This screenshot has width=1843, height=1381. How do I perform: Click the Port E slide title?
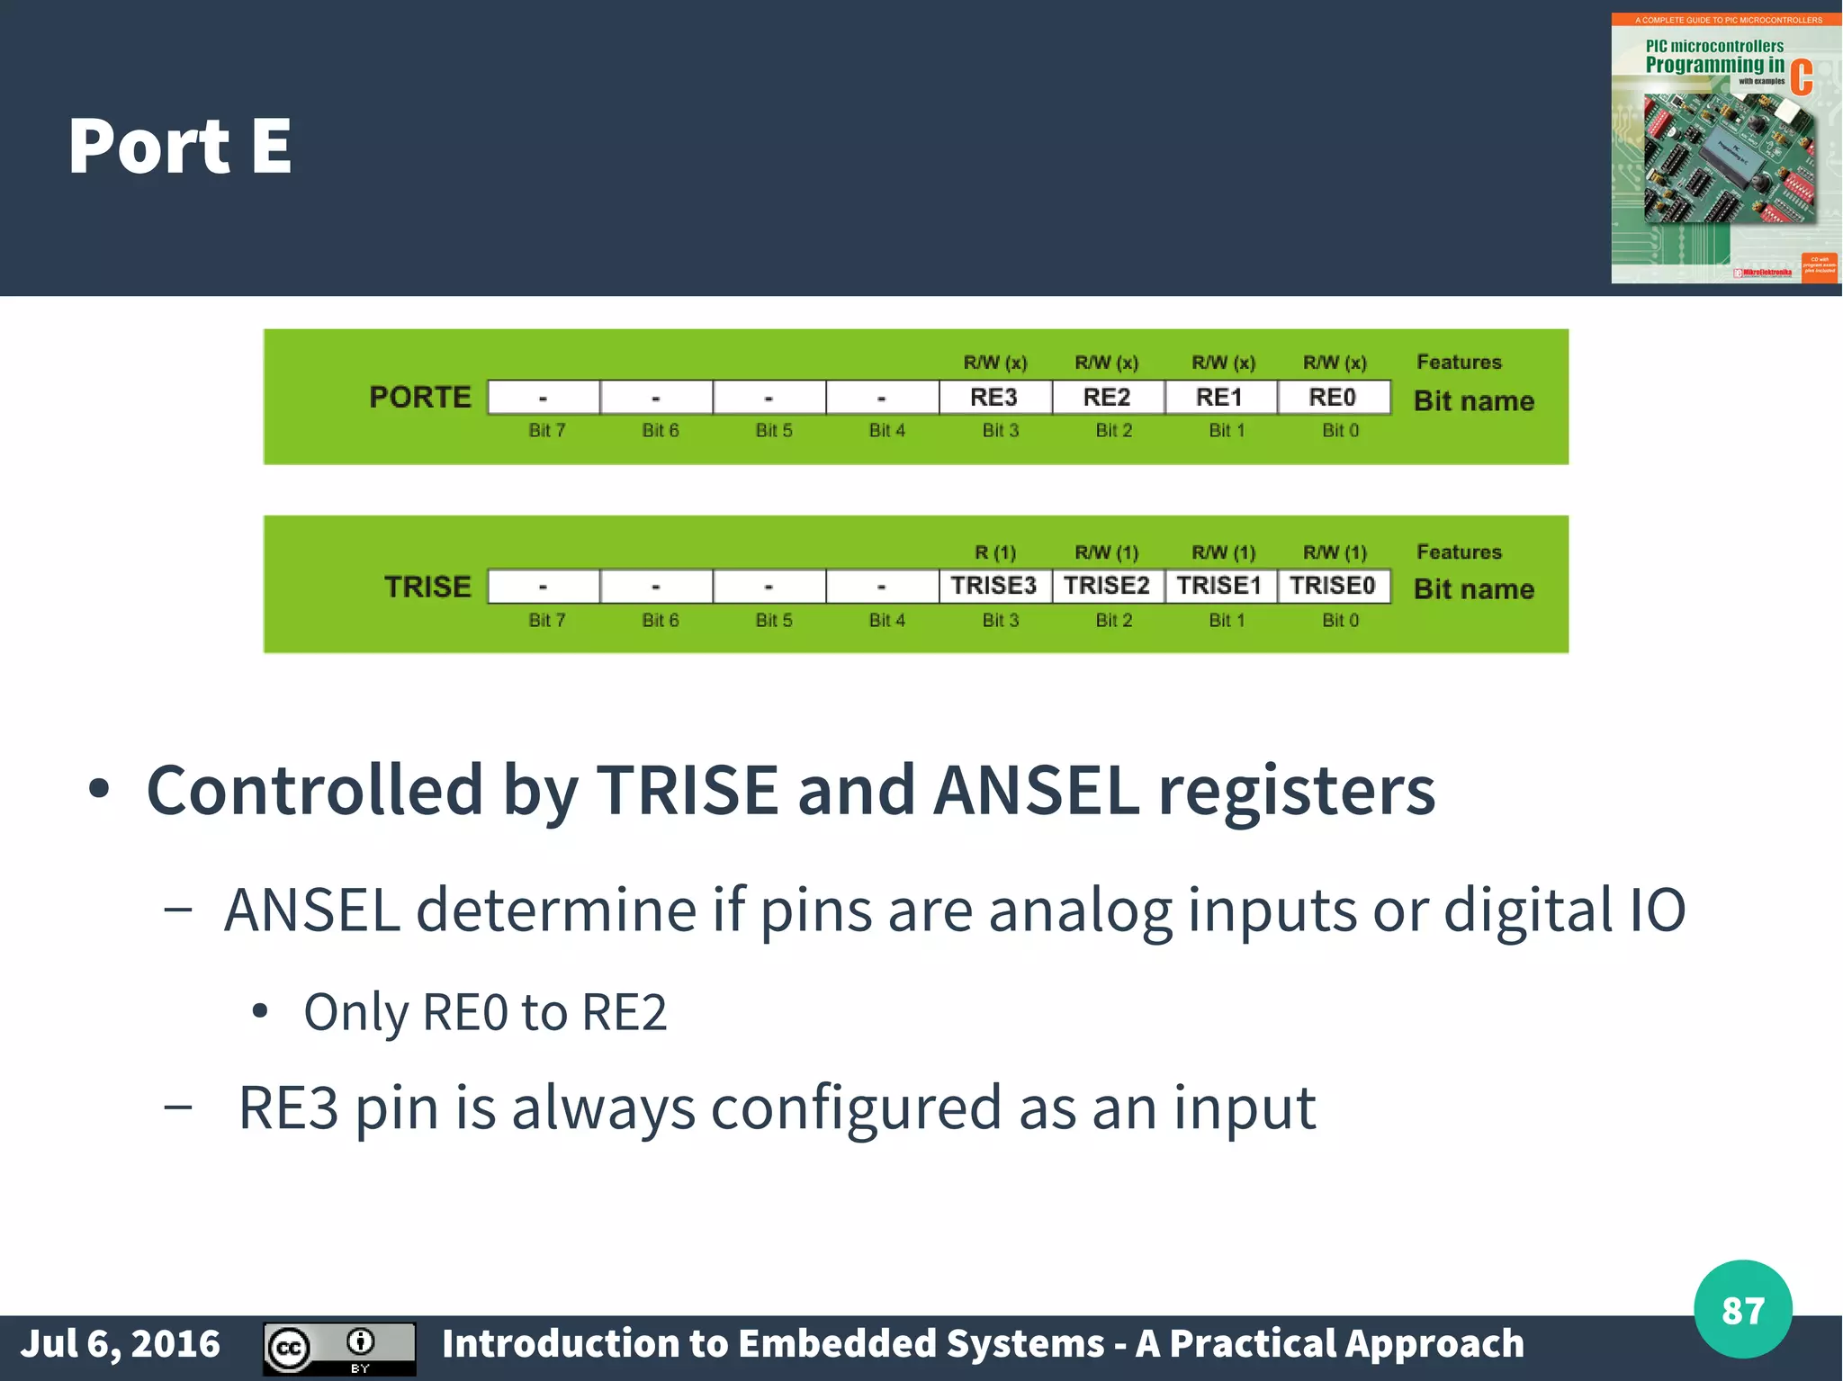[180, 146]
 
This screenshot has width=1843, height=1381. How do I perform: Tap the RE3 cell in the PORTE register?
[993, 397]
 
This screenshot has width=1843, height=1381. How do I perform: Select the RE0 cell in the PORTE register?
[1332, 397]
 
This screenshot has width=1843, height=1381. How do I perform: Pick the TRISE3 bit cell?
[993, 586]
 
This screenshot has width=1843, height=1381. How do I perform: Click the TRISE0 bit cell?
[1332, 586]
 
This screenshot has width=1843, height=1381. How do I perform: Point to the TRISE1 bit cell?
[1219, 586]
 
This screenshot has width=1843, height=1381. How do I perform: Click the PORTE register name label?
[419, 397]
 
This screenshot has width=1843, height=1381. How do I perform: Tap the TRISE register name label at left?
[427, 587]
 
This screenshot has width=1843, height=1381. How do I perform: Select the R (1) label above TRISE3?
[995, 552]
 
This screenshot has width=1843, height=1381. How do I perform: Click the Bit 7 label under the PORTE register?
[547, 430]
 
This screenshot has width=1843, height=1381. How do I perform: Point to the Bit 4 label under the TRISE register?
[886, 620]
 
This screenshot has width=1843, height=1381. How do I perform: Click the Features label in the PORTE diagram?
[1459, 362]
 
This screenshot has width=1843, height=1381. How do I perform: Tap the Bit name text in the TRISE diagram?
[1473, 589]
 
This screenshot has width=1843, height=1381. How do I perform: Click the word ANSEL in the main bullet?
[1036, 790]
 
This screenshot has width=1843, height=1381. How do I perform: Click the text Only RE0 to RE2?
[485, 1012]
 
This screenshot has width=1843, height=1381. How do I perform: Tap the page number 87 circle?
[1742, 1310]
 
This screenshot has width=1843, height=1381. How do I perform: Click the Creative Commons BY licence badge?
[339, 1348]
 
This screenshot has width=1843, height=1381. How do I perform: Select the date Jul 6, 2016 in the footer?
[121, 1344]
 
